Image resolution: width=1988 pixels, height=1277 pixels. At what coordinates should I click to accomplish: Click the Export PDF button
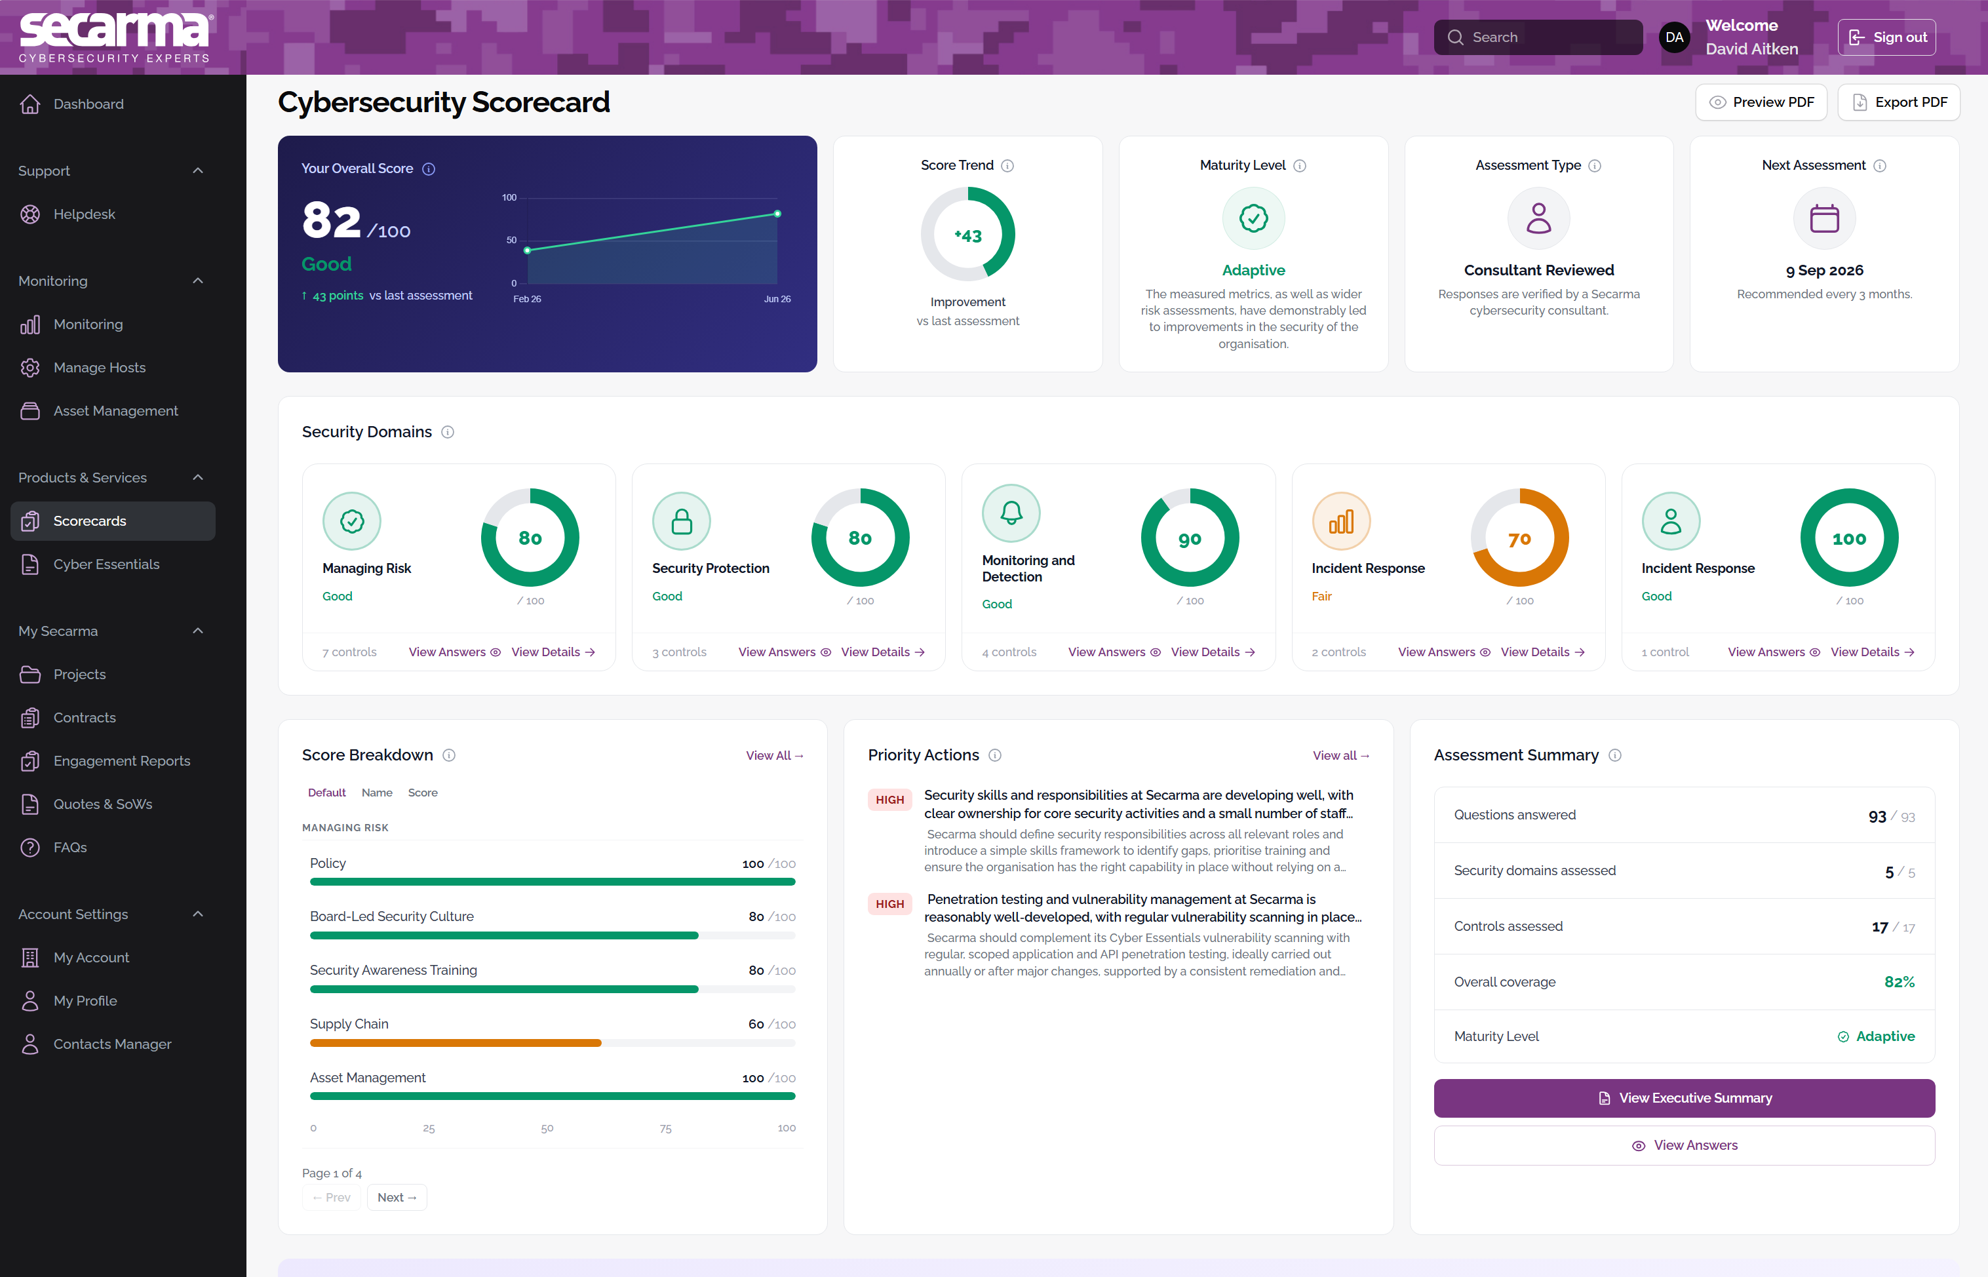tap(1898, 102)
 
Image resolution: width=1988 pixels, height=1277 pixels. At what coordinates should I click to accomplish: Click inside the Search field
tap(1538, 37)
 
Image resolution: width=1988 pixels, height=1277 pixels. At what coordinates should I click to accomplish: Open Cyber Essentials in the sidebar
tap(106, 564)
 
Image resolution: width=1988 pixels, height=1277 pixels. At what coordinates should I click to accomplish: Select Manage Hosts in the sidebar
tap(100, 367)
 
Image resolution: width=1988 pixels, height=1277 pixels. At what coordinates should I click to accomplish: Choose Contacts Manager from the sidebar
tap(112, 1044)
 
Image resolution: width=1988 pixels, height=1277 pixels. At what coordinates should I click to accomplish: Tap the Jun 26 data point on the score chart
tap(777, 214)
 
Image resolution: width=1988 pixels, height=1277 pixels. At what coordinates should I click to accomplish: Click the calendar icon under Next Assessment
tap(1824, 218)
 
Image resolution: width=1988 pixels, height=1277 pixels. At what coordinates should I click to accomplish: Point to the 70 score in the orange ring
tap(1519, 539)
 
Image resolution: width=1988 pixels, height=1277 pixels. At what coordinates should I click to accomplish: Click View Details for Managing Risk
tap(553, 652)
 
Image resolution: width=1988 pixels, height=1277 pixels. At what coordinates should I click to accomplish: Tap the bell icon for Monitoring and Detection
tap(1011, 513)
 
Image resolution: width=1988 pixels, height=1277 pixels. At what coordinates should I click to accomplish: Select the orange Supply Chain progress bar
tap(455, 1043)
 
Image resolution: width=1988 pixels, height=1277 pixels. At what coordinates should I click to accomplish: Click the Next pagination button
tap(397, 1198)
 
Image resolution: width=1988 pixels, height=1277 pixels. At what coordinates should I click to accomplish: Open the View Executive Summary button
tap(1684, 1098)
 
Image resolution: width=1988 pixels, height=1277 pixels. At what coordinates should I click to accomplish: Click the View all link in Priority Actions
tap(1340, 755)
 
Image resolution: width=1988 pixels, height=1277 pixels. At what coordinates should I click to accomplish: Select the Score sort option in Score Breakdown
tap(423, 793)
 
